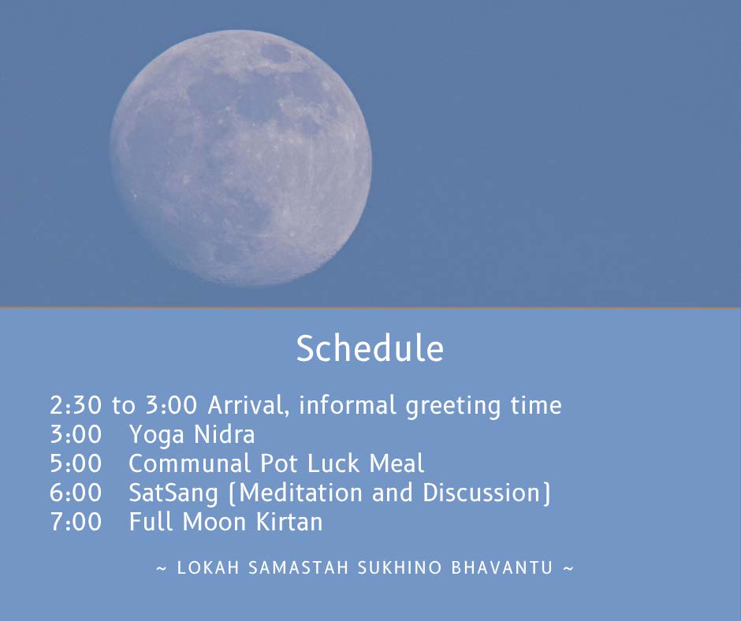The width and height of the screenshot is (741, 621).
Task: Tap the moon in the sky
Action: pyautogui.click(x=240, y=158)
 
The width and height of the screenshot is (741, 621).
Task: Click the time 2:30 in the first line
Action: pyautogui.click(x=76, y=405)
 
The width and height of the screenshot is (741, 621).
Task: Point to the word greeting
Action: pyautogui.click(x=452, y=407)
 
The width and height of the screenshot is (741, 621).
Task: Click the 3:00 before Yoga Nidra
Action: pyautogui.click(x=76, y=434)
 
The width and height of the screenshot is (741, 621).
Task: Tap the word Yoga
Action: pyautogui.click(x=156, y=435)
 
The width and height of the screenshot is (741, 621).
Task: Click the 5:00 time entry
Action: pyautogui.click(x=76, y=463)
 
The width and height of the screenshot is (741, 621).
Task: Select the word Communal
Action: pyautogui.click(x=189, y=463)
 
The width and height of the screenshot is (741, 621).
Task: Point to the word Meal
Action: pyautogui.click(x=397, y=463)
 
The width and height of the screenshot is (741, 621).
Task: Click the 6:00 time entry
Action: pyautogui.click(x=76, y=493)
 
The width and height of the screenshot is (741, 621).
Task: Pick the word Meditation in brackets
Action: pyautogui.click(x=300, y=493)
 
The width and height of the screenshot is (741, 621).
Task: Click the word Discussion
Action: pyautogui.click(x=481, y=493)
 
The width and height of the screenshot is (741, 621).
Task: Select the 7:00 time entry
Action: pyautogui.click(x=76, y=522)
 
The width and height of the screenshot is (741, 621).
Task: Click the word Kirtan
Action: pyautogui.click(x=289, y=522)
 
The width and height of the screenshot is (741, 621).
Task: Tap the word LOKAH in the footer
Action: pyautogui.click(x=208, y=567)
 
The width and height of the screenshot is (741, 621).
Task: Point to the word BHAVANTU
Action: pyautogui.click(x=502, y=567)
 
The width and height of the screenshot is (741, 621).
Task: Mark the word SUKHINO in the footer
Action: pyautogui.click(x=400, y=567)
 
